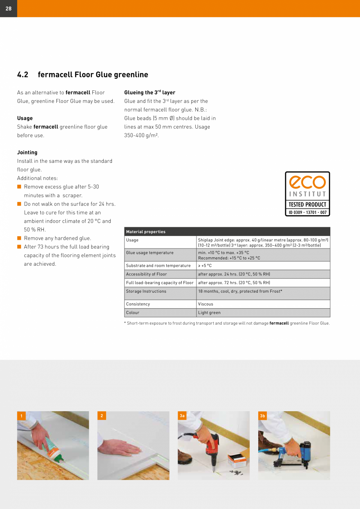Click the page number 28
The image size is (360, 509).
8,9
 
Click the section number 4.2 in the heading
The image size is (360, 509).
23,75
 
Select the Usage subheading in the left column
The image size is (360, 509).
25,118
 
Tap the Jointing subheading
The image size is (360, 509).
27,153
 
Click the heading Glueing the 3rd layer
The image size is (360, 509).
149,93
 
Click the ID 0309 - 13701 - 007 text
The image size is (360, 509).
307,212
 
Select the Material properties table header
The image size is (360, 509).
146,232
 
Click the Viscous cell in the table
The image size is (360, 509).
205,304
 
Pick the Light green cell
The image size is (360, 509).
209,313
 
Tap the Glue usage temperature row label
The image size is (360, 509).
149,253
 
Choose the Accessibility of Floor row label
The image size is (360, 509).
146,274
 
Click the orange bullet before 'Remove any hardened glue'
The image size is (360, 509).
19,238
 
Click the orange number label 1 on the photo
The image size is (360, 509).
21,416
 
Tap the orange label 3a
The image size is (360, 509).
182,416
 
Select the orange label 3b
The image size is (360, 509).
262,416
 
